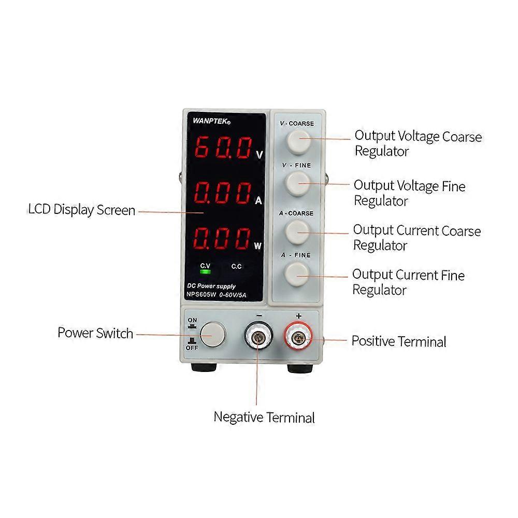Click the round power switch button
click(x=213, y=334)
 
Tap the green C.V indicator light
click(x=206, y=271)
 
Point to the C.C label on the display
click(x=237, y=266)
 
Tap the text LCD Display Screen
click(x=81, y=210)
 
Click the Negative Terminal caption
click(x=264, y=417)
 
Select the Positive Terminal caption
click(x=398, y=342)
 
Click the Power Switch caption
click(x=95, y=333)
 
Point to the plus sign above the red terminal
click(x=298, y=315)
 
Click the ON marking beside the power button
click(x=192, y=321)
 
